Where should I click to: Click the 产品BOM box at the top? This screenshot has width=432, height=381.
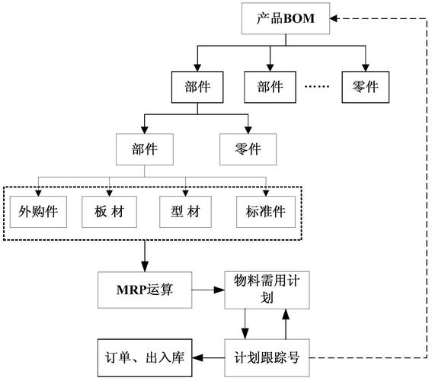click(x=285, y=18)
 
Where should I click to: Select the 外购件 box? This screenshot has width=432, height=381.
click(x=38, y=211)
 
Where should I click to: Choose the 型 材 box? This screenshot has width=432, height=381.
click(x=186, y=211)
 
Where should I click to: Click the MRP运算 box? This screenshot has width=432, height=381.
click(x=144, y=290)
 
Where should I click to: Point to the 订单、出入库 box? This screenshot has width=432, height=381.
click(x=144, y=356)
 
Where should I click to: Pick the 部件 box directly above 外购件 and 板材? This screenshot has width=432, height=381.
click(x=144, y=149)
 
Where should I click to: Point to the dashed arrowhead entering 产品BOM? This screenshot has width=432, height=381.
click(x=338, y=18)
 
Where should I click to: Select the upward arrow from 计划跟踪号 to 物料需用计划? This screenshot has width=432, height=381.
click(x=284, y=323)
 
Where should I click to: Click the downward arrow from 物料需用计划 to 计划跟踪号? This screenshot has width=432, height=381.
click(x=244, y=323)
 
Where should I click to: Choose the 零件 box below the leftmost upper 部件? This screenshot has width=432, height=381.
click(x=248, y=149)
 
